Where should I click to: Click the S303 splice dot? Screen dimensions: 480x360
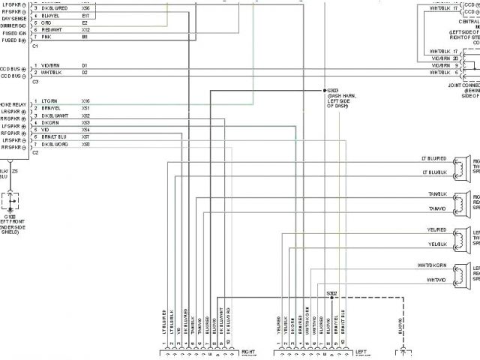click(325, 91)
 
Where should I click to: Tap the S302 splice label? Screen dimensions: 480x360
click(332, 292)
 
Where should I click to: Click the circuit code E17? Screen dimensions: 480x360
click(85, 15)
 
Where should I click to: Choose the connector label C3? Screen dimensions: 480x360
click(35, 81)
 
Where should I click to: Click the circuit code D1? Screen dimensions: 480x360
click(85, 65)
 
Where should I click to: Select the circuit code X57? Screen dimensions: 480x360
click(85, 137)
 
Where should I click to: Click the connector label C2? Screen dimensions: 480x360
click(35, 152)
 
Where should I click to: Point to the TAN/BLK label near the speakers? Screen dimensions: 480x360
click(437, 194)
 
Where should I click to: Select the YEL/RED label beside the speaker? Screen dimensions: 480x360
click(437, 230)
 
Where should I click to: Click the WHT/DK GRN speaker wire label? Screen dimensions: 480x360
click(431, 266)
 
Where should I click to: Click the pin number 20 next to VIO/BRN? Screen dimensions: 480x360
click(455, 58)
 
